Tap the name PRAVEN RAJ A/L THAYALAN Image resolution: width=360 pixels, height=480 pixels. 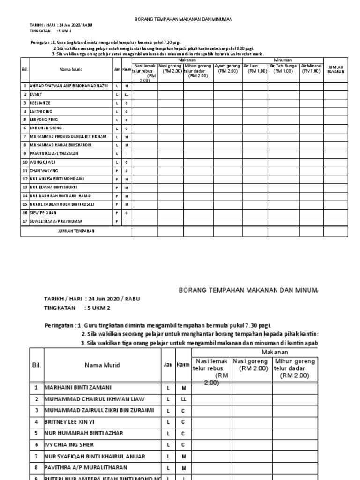tap(54, 154)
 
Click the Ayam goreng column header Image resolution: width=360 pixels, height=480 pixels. tap(227, 69)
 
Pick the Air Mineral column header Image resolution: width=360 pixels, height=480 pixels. tap(311, 69)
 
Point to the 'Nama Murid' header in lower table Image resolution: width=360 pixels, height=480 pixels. tap(102, 365)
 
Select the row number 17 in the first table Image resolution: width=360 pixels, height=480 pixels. tap(25, 221)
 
